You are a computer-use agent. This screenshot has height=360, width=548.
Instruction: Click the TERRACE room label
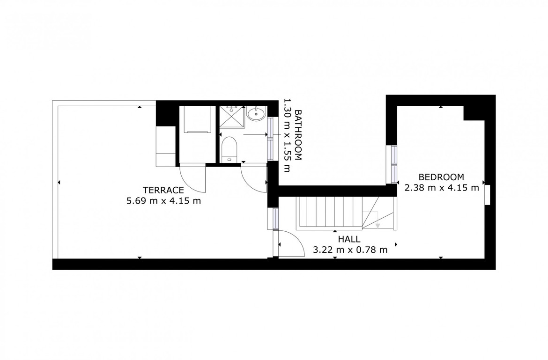click(x=163, y=191)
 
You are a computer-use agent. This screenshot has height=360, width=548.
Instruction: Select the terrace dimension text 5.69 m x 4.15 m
click(x=163, y=201)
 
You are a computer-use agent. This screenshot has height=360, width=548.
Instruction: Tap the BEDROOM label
click(x=441, y=177)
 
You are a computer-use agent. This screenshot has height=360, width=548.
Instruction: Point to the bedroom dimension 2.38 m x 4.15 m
click(x=442, y=188)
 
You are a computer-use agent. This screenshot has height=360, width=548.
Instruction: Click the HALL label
click(x=349, y=239)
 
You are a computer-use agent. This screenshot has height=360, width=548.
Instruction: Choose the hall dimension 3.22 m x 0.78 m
click(x=350, y=250)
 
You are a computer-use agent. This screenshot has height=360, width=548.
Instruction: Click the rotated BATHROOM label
click(x=298, y=135)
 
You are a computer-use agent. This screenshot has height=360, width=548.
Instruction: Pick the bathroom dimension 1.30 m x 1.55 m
click(x=287, y=135)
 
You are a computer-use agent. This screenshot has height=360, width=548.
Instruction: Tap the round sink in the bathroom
click(x=256, y=113)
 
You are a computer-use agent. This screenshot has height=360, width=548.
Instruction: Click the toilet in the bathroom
click(x=229, y=149)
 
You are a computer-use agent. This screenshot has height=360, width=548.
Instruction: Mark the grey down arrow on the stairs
click(x=378, y=225)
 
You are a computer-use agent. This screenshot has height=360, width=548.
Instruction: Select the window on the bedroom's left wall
click(x=393, y=164)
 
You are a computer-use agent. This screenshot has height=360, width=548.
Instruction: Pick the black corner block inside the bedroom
click(x=474, y=112)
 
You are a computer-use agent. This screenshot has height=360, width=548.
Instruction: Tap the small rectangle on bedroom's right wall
click(x=487, y=193)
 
